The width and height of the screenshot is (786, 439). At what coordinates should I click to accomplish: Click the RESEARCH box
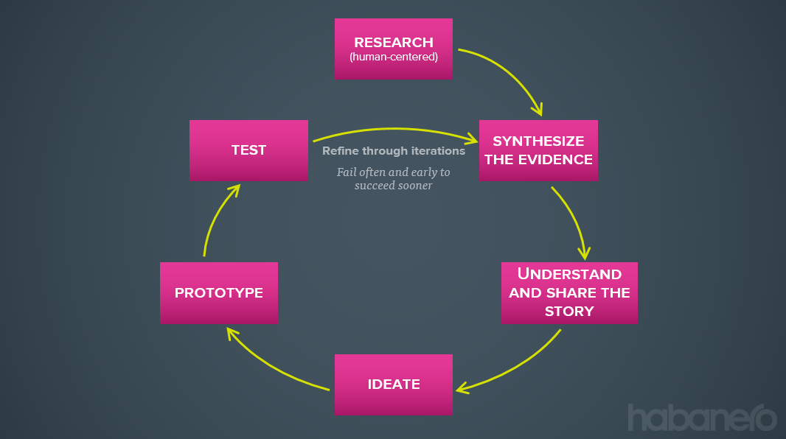click(393, 49)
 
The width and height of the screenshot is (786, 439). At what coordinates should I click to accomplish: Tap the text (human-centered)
click(394, 55)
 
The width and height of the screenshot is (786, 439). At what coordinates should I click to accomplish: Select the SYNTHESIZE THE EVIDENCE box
click(538, 150)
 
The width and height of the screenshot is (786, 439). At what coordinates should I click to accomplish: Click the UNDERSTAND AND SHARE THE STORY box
click(569, 292)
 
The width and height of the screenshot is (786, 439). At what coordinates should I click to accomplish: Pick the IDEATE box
click(394, 384)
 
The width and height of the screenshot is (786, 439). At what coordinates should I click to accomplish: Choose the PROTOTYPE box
click(219, 292)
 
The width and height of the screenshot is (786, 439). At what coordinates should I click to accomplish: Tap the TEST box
click(248, 150)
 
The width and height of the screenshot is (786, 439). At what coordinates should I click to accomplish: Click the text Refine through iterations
click(394, 151)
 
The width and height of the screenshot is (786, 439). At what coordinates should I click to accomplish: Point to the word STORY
click(569, 311)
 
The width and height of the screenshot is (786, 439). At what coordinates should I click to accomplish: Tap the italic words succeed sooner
click(394, 186)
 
